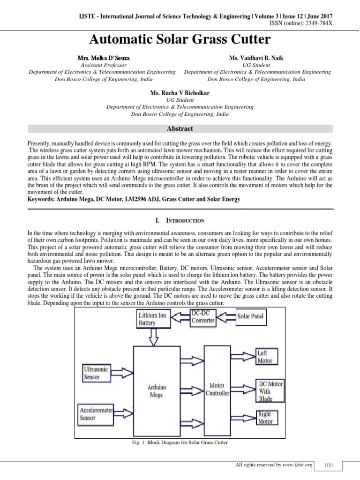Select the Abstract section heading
[x=180, y=128]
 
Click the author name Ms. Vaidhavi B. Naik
[x=258, y=57]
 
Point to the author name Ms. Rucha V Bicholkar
[x=180, y=94]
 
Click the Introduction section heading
[x=180, y=220]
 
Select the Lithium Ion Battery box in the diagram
[x=149, y=319]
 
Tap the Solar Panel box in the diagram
[x=250, y=316]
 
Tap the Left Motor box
[x=265, y=356]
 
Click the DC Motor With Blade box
[x=270, y=391]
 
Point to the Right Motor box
[x=265, y=418]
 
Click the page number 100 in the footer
[x=328, y=465]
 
